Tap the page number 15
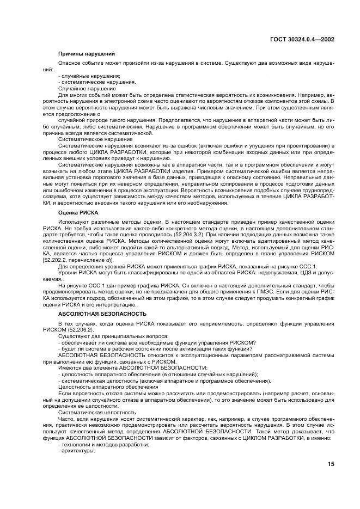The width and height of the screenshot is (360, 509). click(331, 464)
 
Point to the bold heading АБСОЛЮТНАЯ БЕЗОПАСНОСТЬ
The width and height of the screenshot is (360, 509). click(102, 314)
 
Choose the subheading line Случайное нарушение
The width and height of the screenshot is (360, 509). click(87, 88)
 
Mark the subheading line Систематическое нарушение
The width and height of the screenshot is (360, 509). click(95, 139)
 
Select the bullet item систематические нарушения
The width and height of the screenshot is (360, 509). click(96, 82)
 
